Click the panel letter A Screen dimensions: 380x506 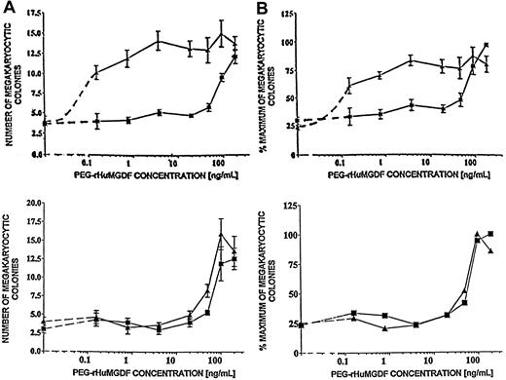point(8,8)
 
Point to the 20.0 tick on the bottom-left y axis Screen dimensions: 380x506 point(38,203)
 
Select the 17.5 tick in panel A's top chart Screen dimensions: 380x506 point(38,16)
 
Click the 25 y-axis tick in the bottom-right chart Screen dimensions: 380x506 point(290,325)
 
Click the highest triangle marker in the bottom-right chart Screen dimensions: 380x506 point(477,234)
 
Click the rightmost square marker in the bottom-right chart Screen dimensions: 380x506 point(491,234)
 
